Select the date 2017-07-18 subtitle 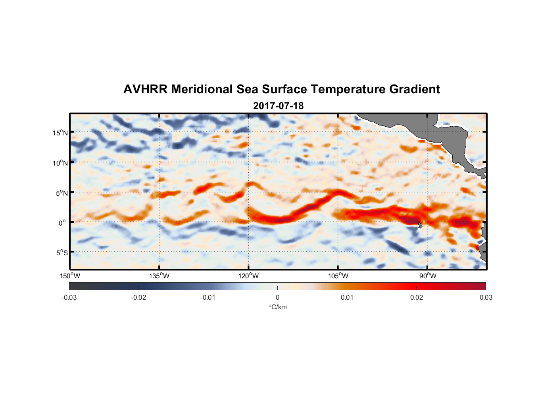(278, 106)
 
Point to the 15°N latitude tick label (60, 133)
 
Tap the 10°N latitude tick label (60, 163)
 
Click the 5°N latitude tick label (61, 193)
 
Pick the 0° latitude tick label (63, 223)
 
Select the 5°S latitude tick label (61, 252)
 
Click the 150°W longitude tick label (70, 276)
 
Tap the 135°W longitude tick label (159, 276)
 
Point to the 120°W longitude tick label (249, 276)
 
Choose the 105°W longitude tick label (338, 276)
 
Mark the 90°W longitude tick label (428, 276)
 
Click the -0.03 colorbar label (69, 297)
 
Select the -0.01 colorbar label (208, 297)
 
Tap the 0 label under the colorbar (277, 297)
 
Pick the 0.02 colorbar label (417, 297)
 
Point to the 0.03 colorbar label (486, 297)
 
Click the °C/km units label (278, 307)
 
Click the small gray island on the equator (420, 225)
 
